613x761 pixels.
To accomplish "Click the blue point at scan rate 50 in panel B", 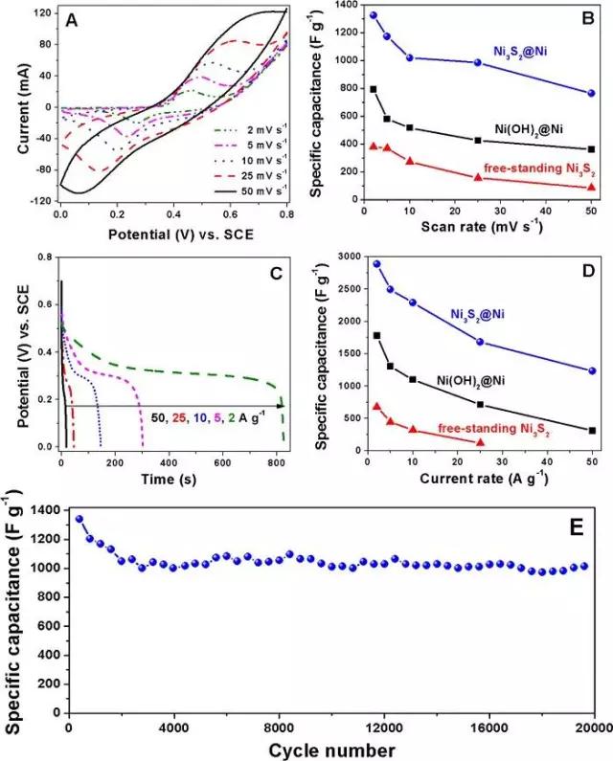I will coord(591,93).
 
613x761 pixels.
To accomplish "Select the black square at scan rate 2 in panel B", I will coord(373,89).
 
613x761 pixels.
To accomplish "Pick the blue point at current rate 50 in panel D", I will coord(592,370).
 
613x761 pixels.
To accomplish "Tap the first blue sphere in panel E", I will coord(79,520).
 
